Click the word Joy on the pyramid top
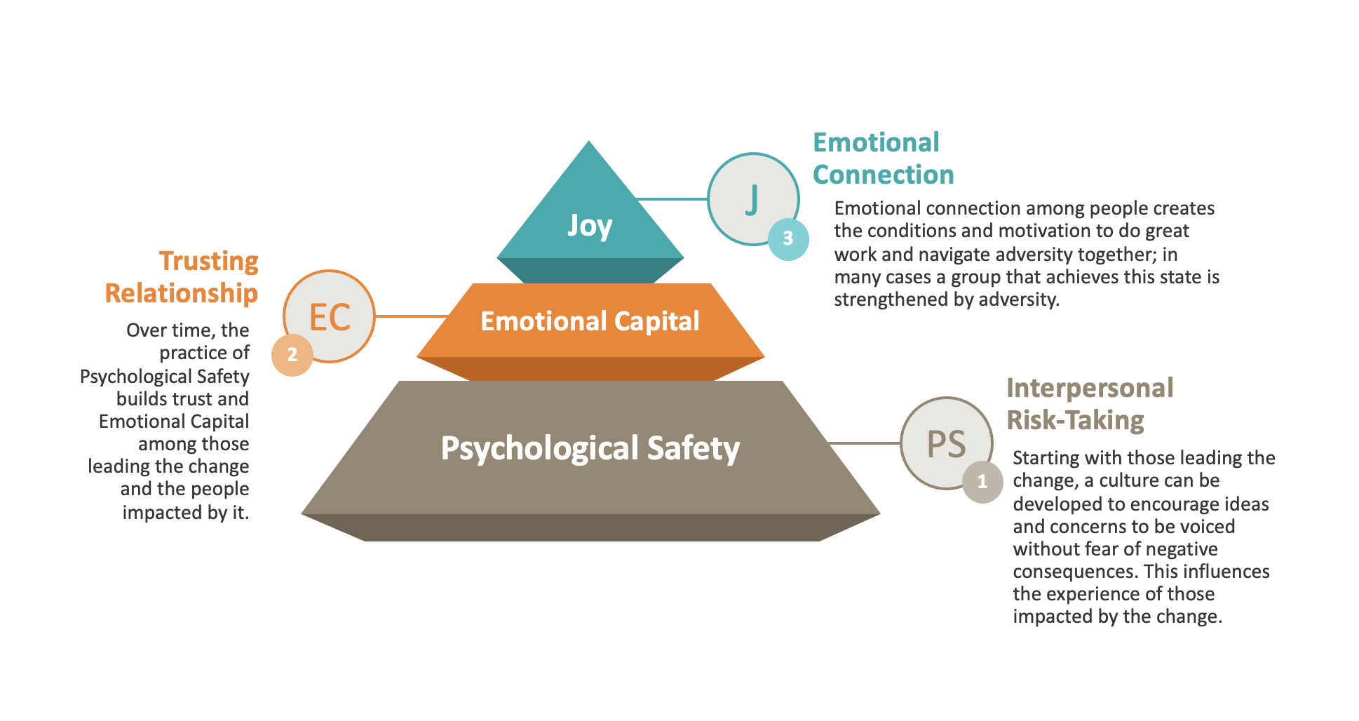point(590,227)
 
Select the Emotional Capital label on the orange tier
point(590,321)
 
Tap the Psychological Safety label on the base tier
point(590,448)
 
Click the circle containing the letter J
point(753,199)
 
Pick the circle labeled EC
point(330,316)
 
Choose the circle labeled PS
point(947,443)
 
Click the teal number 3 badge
point(788,239)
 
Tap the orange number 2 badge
point(292,355)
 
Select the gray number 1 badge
point(982,482)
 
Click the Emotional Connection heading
point(884,159)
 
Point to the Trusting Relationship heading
point(182,277)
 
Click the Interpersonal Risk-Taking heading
point(1090,404)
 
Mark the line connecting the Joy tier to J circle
point(671,199)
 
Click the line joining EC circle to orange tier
point(412,316)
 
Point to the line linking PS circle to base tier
point(865,443)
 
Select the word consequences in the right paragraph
point(1075,572)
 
